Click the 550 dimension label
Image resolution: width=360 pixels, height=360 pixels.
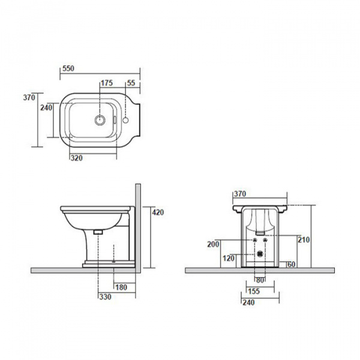(x=68, y=68)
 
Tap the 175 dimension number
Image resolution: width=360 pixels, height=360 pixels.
(x=107, y=83)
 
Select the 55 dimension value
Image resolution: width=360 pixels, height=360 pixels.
(x=131, y=83)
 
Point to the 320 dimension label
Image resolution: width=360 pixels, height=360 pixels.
(x=76, y=158)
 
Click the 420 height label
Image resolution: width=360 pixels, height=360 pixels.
(x=158, y=212)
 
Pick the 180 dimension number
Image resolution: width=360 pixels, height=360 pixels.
(x=121, y=287)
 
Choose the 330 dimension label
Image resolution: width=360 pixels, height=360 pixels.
(x=106, y=297)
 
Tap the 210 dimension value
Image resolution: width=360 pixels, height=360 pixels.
(x=304, y=240)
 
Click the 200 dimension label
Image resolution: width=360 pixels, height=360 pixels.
(x=213, y=244)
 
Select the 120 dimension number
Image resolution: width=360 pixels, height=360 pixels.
(x=229, y=258)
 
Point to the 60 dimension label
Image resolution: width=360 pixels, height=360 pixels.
(x=292, y=265)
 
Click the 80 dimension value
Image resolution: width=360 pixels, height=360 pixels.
(x=260, y=280)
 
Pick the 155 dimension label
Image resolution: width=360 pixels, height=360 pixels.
(x=254, y=292)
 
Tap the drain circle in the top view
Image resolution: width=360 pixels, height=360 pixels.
(x=100, y=120)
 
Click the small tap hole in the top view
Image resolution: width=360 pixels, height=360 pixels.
(x=125, y=120)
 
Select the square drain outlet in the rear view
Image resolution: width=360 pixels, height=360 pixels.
(x=260, y=253)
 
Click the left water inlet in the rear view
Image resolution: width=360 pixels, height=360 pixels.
(x=255, y=240)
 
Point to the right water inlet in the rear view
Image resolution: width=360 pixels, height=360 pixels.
(x=265, y=240)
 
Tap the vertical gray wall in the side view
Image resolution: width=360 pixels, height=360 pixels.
(x=138, y=228)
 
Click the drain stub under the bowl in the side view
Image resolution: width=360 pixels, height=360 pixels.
(x=98, y=232)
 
